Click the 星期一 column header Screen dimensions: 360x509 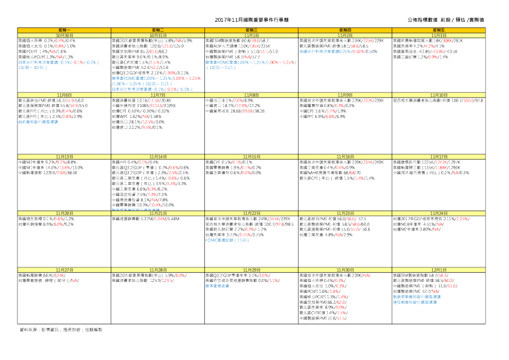[x=65, y=30]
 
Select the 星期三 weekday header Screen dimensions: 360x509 [x=251, y=30]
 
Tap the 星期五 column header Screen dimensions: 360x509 [x=438, y=30]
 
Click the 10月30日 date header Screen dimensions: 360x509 [x=65, y=35]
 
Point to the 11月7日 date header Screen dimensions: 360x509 [x=158, y=95]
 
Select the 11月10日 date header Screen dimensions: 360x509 [x=438, y=95]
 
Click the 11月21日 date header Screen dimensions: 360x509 [x=158, y=213]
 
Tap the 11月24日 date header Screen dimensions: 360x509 [x=438, y=213]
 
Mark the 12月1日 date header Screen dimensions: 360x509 [x=438, y=269]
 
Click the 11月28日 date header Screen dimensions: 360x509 [x=158, y=269]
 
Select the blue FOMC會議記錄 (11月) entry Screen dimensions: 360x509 [x=227, y=240]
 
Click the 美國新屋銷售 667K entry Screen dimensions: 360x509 [x=42, y=275]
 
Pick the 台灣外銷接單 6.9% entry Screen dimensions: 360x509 [x=46, y=224]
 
